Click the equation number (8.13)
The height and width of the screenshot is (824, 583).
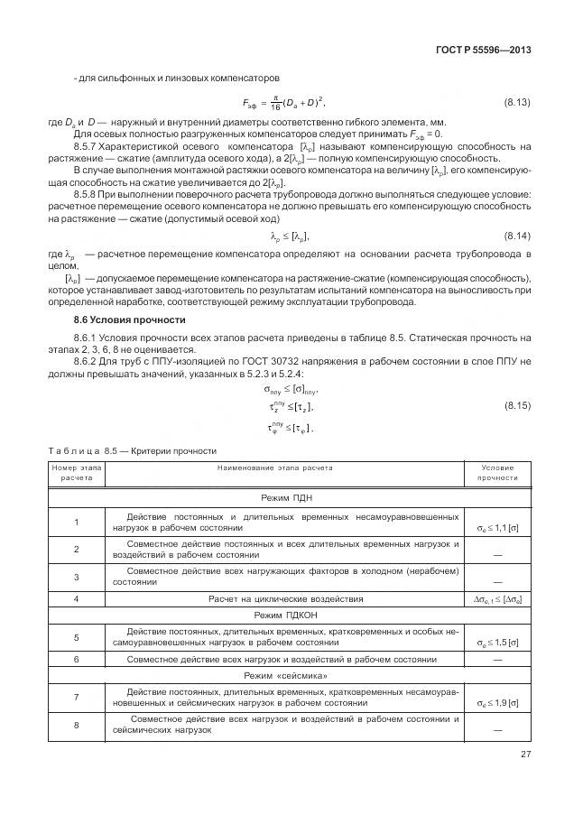518,104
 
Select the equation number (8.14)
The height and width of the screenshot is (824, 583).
518,236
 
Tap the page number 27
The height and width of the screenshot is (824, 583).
525,755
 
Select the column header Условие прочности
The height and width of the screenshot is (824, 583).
498,473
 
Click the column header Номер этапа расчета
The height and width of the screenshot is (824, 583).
77,473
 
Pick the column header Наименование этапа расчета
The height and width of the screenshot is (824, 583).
274,468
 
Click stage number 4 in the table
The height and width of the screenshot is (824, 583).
77,597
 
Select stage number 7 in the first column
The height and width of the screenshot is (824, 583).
77,697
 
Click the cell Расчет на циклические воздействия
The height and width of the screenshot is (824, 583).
286,597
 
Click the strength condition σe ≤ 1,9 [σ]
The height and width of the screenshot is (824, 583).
497,702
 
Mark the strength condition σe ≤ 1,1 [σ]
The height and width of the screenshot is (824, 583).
497,526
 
